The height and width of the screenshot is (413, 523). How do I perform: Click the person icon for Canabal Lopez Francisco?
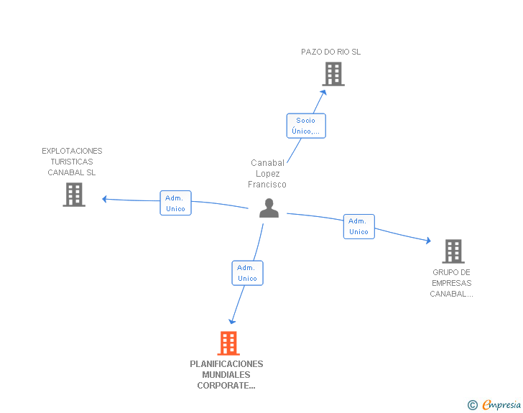(x=269, y=208)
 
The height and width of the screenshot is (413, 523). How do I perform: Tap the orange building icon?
(x=228, y=343)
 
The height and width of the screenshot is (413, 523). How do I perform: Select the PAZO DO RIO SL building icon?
(x=333, y=74)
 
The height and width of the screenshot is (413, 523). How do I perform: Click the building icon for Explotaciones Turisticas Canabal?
(x=74, y=195)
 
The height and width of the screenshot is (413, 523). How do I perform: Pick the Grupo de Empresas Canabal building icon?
(x=453, y=251)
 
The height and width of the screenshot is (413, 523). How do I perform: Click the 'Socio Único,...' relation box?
(x=306, y=126)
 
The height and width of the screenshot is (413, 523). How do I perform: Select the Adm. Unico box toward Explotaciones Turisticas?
(x=175, y=203)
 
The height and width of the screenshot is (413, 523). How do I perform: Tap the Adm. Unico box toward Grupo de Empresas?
(x=359, y=226)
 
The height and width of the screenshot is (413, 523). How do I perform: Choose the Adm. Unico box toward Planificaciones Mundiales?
(x=247, y=273)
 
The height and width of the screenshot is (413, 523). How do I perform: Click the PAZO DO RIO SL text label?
(x=331, y=52)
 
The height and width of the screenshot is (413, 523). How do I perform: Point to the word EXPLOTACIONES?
(x=72, y=151)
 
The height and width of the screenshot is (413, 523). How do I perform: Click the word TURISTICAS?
(x=72, y=162)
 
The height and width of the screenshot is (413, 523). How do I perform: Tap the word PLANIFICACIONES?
(x=226, y=364)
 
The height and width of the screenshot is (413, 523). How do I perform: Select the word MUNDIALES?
(x=226, y=375)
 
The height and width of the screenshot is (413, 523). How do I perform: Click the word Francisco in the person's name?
(x=267, y=185)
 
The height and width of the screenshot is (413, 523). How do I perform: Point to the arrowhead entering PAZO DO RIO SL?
(x=323, y=93)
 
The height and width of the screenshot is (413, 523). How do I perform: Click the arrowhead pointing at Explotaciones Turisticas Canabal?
(x=104, y=199)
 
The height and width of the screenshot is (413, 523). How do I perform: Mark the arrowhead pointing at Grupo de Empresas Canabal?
(x=428, y=240)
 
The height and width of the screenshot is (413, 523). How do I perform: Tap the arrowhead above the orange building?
(x=232, y=321)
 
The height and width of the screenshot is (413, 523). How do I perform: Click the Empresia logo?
(x=494, y=405)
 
